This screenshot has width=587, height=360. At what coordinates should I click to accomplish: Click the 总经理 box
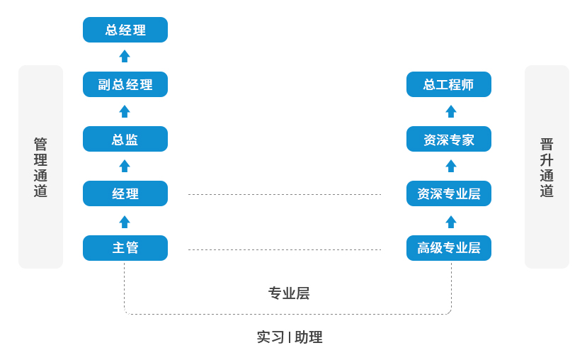point(125,30)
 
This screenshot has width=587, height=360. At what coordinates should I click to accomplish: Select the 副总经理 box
point(125,84)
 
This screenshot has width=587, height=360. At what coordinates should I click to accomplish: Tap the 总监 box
point(125,139)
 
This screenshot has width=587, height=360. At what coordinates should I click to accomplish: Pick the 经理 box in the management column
point(125,193)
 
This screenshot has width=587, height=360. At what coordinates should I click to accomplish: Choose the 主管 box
point(125,248)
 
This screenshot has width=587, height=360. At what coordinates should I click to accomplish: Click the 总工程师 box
point(448,84)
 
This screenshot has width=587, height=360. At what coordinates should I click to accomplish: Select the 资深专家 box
point(448,139)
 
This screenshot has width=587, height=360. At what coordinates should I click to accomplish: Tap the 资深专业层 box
point(448,193)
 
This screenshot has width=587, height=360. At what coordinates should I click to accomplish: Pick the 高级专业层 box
point(448,248)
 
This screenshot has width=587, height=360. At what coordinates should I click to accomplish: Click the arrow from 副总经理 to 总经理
point(125,56)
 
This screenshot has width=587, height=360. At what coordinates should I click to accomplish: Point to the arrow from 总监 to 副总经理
point(125,111)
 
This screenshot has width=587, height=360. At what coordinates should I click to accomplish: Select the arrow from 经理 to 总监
point(125,166)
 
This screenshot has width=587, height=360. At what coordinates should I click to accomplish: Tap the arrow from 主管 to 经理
point(125,221)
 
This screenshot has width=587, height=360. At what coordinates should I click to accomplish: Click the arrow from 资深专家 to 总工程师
point(451,111)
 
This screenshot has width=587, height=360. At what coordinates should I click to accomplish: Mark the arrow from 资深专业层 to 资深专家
point(451,166)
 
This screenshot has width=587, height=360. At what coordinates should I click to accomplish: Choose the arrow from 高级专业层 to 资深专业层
point(451,221)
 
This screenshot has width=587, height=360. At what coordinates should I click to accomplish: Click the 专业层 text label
point(288,293)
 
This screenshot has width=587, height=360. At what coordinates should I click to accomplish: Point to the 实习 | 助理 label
point(289,337)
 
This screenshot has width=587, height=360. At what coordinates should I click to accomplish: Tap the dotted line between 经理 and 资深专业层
point(285,194)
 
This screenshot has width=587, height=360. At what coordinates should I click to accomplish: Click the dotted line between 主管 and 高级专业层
point(285,249)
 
